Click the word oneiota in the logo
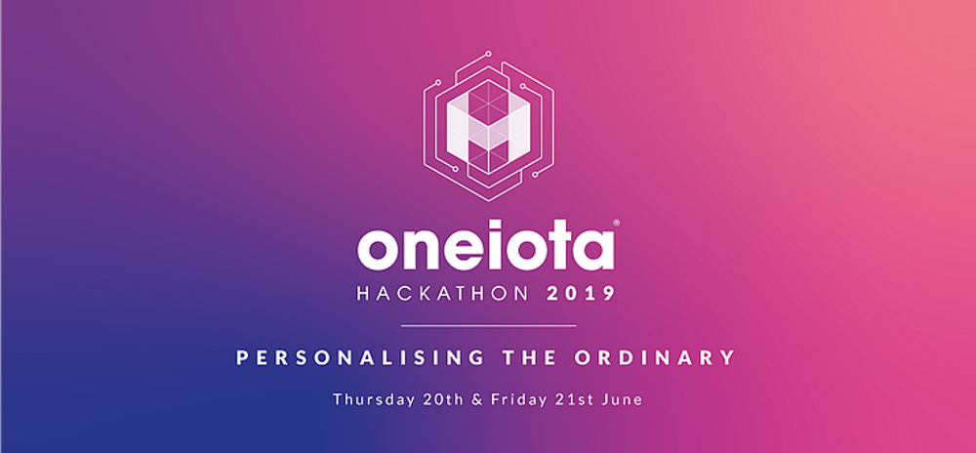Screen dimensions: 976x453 [x=485, y=249]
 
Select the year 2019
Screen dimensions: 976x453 [x=582, y=294]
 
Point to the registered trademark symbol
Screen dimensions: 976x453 [x=616, y=222]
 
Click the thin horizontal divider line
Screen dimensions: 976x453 [x=489, y=325]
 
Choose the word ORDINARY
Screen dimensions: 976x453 [x=655, y=358]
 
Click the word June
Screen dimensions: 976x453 [x=618, y=399]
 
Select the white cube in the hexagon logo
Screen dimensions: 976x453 [x=489, y=128]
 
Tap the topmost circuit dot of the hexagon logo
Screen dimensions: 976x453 [x=489, y=54]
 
